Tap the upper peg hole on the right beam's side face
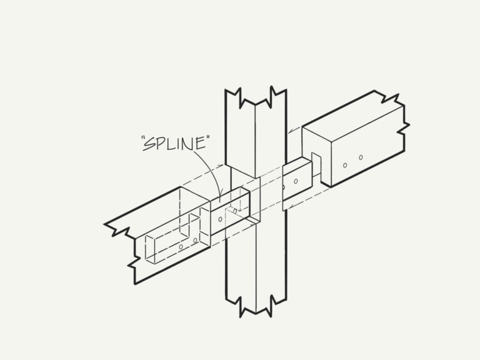[x=361, y=157]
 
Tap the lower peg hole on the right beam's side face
[x=345, y=165]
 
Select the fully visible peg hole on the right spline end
[x=296, y=181]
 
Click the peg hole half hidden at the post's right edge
[x=284, y=187]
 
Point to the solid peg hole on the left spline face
[x=220, y=219]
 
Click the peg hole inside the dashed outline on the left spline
[x=235, y=211]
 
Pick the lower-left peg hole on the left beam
[x=181, y=247]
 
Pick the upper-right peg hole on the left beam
[x=195, y=241]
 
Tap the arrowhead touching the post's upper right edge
[x=291, y=131]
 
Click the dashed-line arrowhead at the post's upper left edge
[x=221, y=166]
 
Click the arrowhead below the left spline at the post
[x=252, y=225]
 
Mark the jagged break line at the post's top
[x=256, y=97]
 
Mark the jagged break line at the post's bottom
[x=256, y=306]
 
